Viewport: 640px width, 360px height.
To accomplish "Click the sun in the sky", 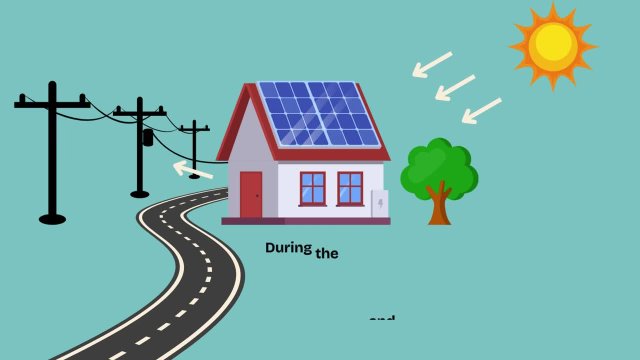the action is tap(552, 45).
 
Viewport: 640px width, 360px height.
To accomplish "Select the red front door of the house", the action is tap(250, 194).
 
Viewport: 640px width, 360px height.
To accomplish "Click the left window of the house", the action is tap(313, 187).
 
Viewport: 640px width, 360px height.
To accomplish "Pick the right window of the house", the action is tap(350, 187).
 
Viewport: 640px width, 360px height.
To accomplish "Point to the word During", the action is tap(289, 247).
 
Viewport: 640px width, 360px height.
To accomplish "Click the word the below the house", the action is tap(328, 254).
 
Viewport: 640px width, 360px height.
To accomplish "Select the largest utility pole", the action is tap(52, 150).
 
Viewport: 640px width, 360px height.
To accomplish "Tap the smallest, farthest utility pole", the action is tap(194, 150).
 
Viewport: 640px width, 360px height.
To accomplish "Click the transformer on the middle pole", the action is tap(146, 137).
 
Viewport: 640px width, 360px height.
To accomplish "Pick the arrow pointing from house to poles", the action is tap(193, 170).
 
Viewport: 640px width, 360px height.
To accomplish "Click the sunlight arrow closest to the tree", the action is tap(481, 110).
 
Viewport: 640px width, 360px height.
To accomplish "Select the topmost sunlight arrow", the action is tap(432, 64).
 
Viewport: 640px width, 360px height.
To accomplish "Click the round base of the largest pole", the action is tap(52, 217).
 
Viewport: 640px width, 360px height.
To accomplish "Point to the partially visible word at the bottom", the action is tap(382, 319).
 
